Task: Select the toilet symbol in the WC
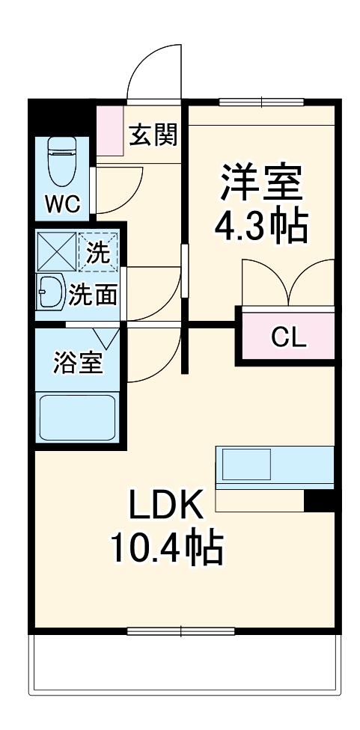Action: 62,161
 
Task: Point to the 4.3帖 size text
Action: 260,227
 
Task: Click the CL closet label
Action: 289,338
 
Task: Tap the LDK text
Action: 165,504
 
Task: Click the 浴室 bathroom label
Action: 78,363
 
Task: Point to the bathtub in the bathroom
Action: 77,417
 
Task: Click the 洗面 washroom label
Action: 93,295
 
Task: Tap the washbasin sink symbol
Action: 51,292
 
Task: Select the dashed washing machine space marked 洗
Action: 98,252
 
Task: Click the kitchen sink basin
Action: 246,464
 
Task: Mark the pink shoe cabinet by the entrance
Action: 110,131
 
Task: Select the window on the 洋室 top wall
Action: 261,102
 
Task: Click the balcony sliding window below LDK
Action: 180,631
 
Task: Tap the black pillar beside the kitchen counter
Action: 320,500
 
